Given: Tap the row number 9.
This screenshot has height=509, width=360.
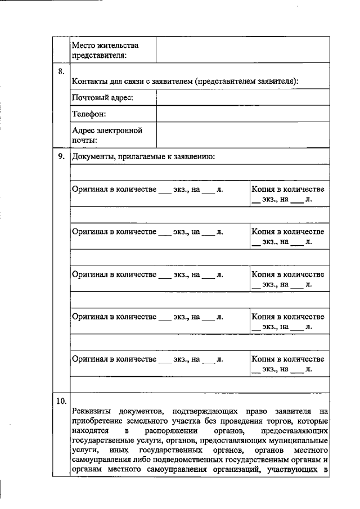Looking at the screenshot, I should click(x=61, y=156).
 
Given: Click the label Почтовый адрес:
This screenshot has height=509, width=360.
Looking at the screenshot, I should click(x=102, y=98).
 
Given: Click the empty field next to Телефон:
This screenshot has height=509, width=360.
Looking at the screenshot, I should click(x=243, y=114).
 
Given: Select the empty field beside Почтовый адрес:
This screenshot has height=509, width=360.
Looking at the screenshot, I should click(x=243, y=98).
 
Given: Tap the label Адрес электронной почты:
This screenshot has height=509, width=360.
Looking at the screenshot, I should click(x=107, y=135).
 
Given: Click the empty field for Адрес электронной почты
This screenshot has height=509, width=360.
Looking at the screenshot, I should click(x=243, y=135).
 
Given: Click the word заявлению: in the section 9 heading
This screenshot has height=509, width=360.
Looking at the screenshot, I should click(x=196, y=156).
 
